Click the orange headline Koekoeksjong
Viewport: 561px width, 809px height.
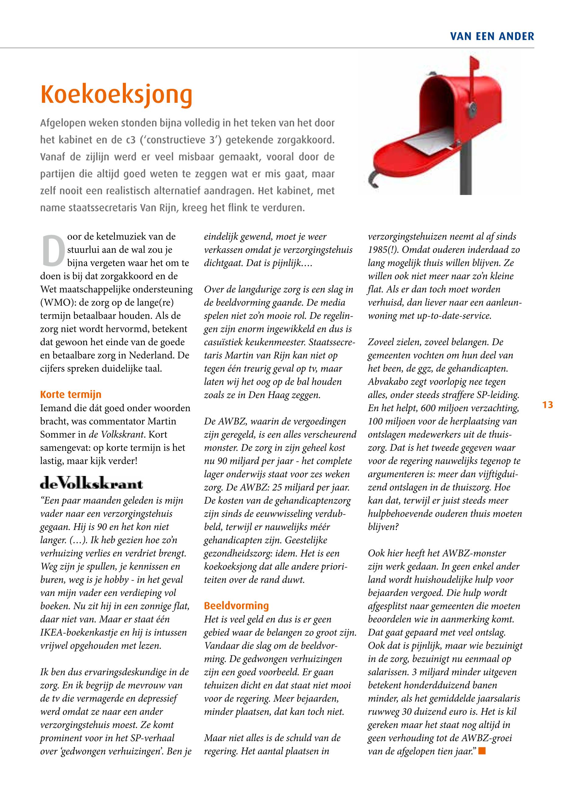[x=116, y=95]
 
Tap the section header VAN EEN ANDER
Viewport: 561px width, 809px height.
[x=492, y=36]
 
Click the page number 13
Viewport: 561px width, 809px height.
[x=548, y=405]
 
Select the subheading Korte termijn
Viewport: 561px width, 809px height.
[x=71, y=394]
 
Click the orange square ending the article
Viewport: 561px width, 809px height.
[x=482, y=751]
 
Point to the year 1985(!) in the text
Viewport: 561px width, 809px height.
[x=382, y=250]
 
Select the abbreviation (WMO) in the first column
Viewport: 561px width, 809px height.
[x=55, y=303]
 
